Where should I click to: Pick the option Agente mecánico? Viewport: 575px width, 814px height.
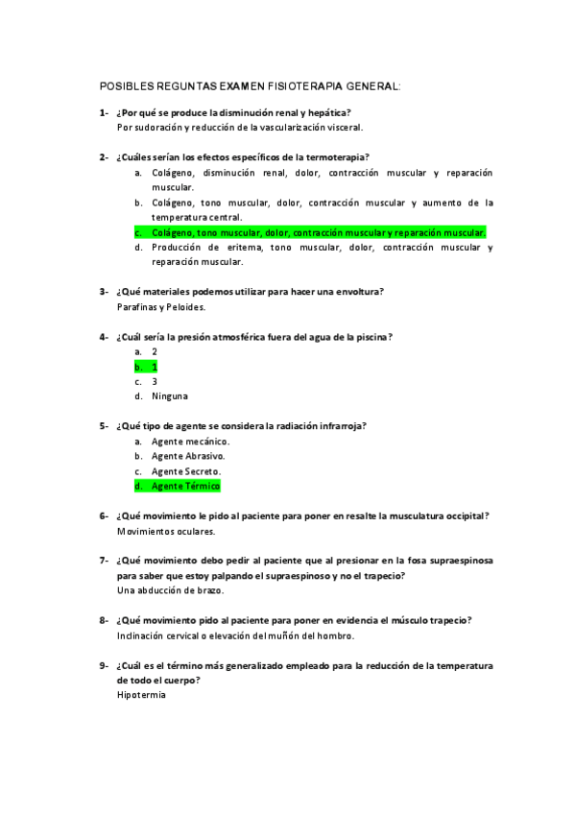(190, 442)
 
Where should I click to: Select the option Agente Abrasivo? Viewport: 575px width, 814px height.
(188, 457)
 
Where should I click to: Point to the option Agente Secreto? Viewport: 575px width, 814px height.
(186, 471)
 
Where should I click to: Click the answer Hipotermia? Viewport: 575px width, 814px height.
(141, 694)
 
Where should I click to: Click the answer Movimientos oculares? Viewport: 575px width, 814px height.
(166, 531)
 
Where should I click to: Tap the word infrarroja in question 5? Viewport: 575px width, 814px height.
(339, 425)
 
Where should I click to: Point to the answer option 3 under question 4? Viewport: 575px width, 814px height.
(154, 381)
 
